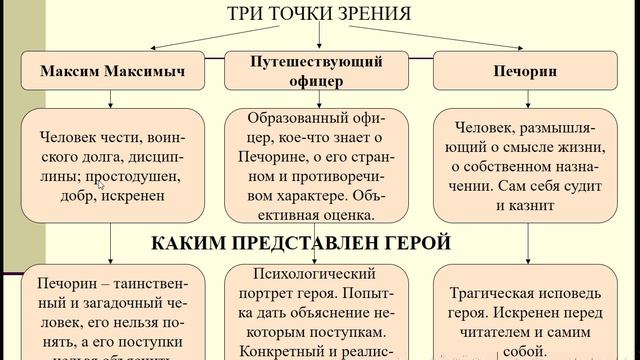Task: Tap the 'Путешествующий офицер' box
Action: click(319, 70)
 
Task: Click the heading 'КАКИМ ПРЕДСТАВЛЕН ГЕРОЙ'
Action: click(301, 242)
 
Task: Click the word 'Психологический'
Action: click(318, 272)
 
